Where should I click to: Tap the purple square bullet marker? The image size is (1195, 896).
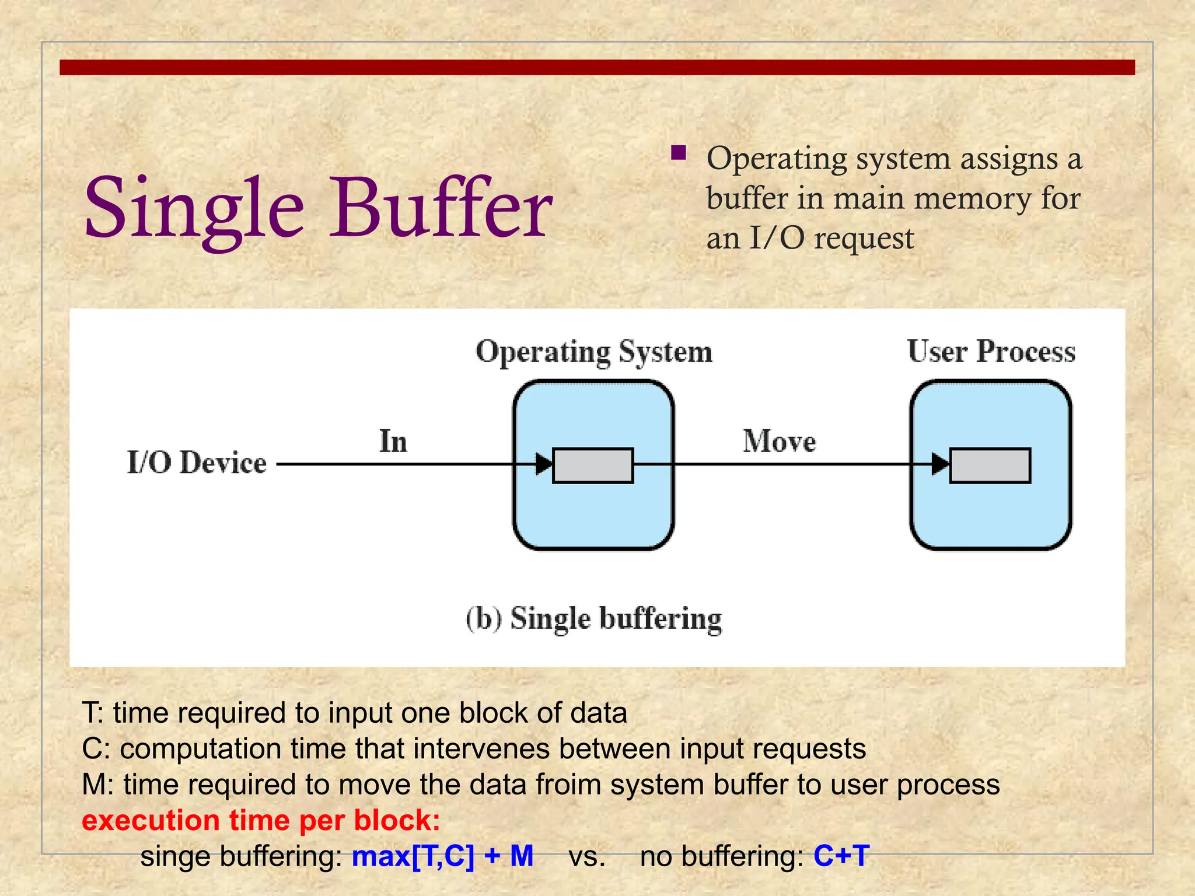click(x=678, y=153)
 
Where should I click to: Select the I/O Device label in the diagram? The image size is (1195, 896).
click(x=197, y=463)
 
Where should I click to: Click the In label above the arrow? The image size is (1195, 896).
click(x=393, y=441)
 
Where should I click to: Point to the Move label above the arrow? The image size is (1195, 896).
click(x=779, y=441)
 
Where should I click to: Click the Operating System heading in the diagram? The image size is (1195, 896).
click(x=594, y=352)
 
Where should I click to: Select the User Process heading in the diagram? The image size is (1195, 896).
click(x=991, y=351)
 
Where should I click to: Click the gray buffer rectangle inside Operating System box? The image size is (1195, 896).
click(x=593, y=466)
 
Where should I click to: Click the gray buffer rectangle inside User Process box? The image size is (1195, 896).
click(x=990, y=466)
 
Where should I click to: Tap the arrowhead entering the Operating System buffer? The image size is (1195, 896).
click(x=543, y=464)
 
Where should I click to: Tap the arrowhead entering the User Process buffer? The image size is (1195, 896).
click(x=940, y=464)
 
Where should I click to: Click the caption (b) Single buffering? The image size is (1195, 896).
click(x=593, y=619)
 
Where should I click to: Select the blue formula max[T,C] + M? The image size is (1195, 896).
click(x=442, y=856)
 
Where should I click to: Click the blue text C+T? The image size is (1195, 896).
click(x=841, y=856)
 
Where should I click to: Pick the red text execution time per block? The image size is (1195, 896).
click(x=261, y=821)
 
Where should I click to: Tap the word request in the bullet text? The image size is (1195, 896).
click(x=864, y=239)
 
